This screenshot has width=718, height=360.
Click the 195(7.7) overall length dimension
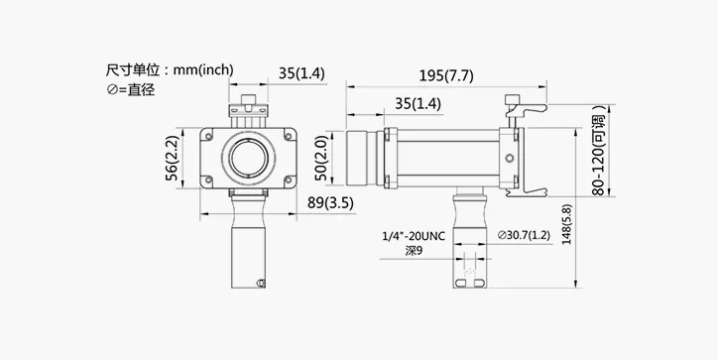446,76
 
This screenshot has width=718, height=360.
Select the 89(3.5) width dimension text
330,203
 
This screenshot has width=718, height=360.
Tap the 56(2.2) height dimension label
172,158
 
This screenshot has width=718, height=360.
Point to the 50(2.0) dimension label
321,158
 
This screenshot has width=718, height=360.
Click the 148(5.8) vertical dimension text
567,224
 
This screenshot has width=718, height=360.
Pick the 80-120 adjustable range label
599,151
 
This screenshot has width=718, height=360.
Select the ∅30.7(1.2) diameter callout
524,235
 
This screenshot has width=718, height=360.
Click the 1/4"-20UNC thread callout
414,236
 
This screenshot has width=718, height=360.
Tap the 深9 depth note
414,251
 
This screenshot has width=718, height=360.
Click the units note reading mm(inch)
203,70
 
